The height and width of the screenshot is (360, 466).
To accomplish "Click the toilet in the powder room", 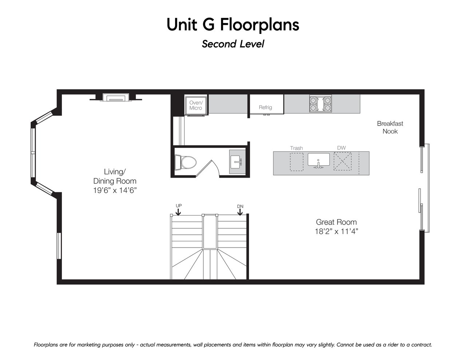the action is click(186, 162).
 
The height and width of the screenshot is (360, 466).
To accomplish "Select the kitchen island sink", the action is click(319, 160).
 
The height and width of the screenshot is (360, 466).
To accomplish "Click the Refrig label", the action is click(265, 107).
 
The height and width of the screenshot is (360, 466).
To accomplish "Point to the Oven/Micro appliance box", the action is click(196, 106).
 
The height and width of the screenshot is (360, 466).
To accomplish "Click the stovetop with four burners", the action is click(320, 104).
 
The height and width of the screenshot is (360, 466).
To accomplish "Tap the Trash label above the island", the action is click(296, 148).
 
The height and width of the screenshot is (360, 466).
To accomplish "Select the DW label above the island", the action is click(341, 148).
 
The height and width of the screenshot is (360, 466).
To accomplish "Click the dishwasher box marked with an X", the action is click(343, 161).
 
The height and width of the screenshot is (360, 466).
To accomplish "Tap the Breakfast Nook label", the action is click(390, 127).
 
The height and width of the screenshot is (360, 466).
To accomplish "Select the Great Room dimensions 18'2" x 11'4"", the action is click(336, 232).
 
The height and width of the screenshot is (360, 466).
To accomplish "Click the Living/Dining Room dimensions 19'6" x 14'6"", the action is click(115, 190).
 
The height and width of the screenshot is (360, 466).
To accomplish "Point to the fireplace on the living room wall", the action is click(116, 97).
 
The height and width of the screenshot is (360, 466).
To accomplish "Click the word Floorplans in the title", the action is click(260, 25).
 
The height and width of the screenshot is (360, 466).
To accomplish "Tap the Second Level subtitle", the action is click(233, 44).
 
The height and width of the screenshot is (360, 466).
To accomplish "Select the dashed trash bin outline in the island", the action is click(297, 162).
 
